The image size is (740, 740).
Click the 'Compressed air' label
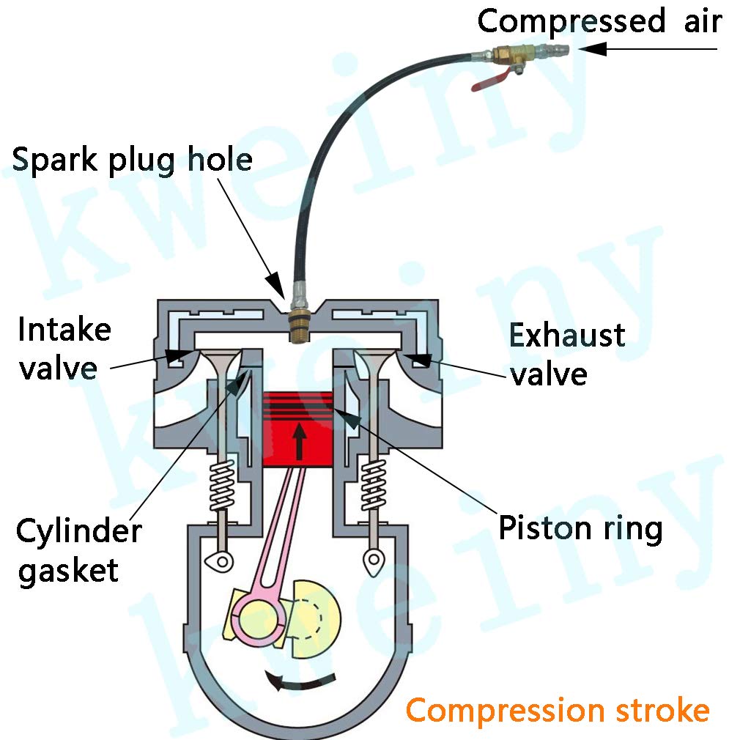pos(599,21)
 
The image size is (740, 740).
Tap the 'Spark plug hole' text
pos(132,160)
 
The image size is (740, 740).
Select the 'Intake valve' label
pos(64,349)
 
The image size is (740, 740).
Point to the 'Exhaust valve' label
pos(566,354)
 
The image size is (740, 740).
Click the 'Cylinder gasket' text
pos(78,550)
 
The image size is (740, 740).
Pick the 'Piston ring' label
pos(580,528)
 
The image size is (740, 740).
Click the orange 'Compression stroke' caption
pos(558,710)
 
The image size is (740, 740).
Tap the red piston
pos(297,429)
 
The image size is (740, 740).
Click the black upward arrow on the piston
pos(299,441)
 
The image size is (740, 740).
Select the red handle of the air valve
pos(492,80)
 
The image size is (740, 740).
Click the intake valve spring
pos(222,485)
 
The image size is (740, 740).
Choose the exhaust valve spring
pos(374,485)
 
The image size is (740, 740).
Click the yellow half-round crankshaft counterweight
pos(315,619)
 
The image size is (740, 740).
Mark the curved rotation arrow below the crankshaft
pos(299,681)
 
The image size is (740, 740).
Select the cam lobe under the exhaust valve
pos(374,562)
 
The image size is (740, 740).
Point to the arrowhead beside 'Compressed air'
pos(593,48)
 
